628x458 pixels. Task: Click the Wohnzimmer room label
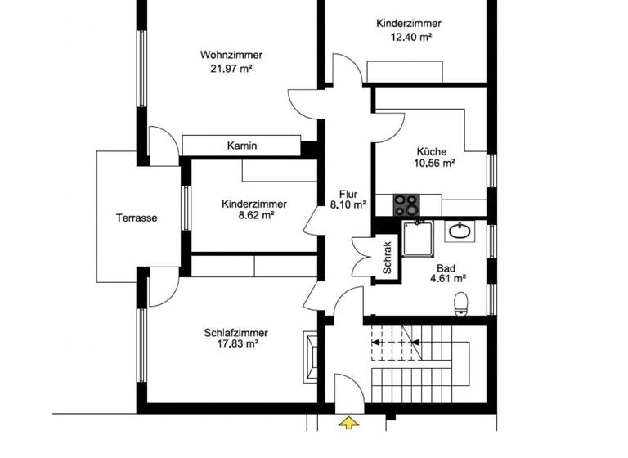231,55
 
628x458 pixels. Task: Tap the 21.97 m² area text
231,70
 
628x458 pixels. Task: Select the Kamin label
242,146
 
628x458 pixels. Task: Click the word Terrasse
136,218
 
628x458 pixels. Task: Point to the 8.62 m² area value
253,216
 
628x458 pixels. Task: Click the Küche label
431,151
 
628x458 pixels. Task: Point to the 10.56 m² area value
434,164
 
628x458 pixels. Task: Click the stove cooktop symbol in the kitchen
406,204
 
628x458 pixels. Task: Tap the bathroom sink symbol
459,231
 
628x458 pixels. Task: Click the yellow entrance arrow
349,423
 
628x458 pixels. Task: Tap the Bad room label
446,268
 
